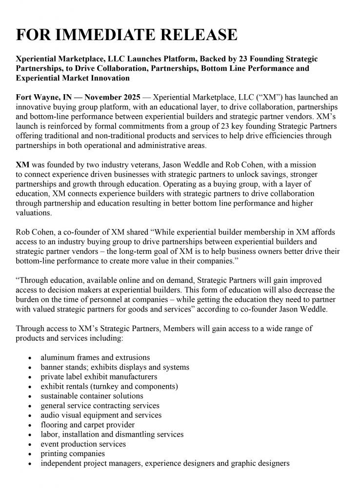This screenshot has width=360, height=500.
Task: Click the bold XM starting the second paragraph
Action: (x=22, y=165)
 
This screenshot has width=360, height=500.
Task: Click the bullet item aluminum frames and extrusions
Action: (x=95, y=357)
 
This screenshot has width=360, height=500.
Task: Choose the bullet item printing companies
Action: (x=73, y=453)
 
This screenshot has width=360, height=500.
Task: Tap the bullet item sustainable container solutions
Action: (x=92, y=396)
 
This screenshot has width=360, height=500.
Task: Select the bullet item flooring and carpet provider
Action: (x=87, y=424)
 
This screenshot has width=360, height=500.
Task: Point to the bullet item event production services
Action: (x=83, y=444)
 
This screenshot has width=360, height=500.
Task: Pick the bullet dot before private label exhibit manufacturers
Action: (x=30, y=377)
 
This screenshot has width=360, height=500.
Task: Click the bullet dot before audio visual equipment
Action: (x=30, y=416)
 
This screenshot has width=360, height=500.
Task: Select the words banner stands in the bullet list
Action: (x=62, y=367)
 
